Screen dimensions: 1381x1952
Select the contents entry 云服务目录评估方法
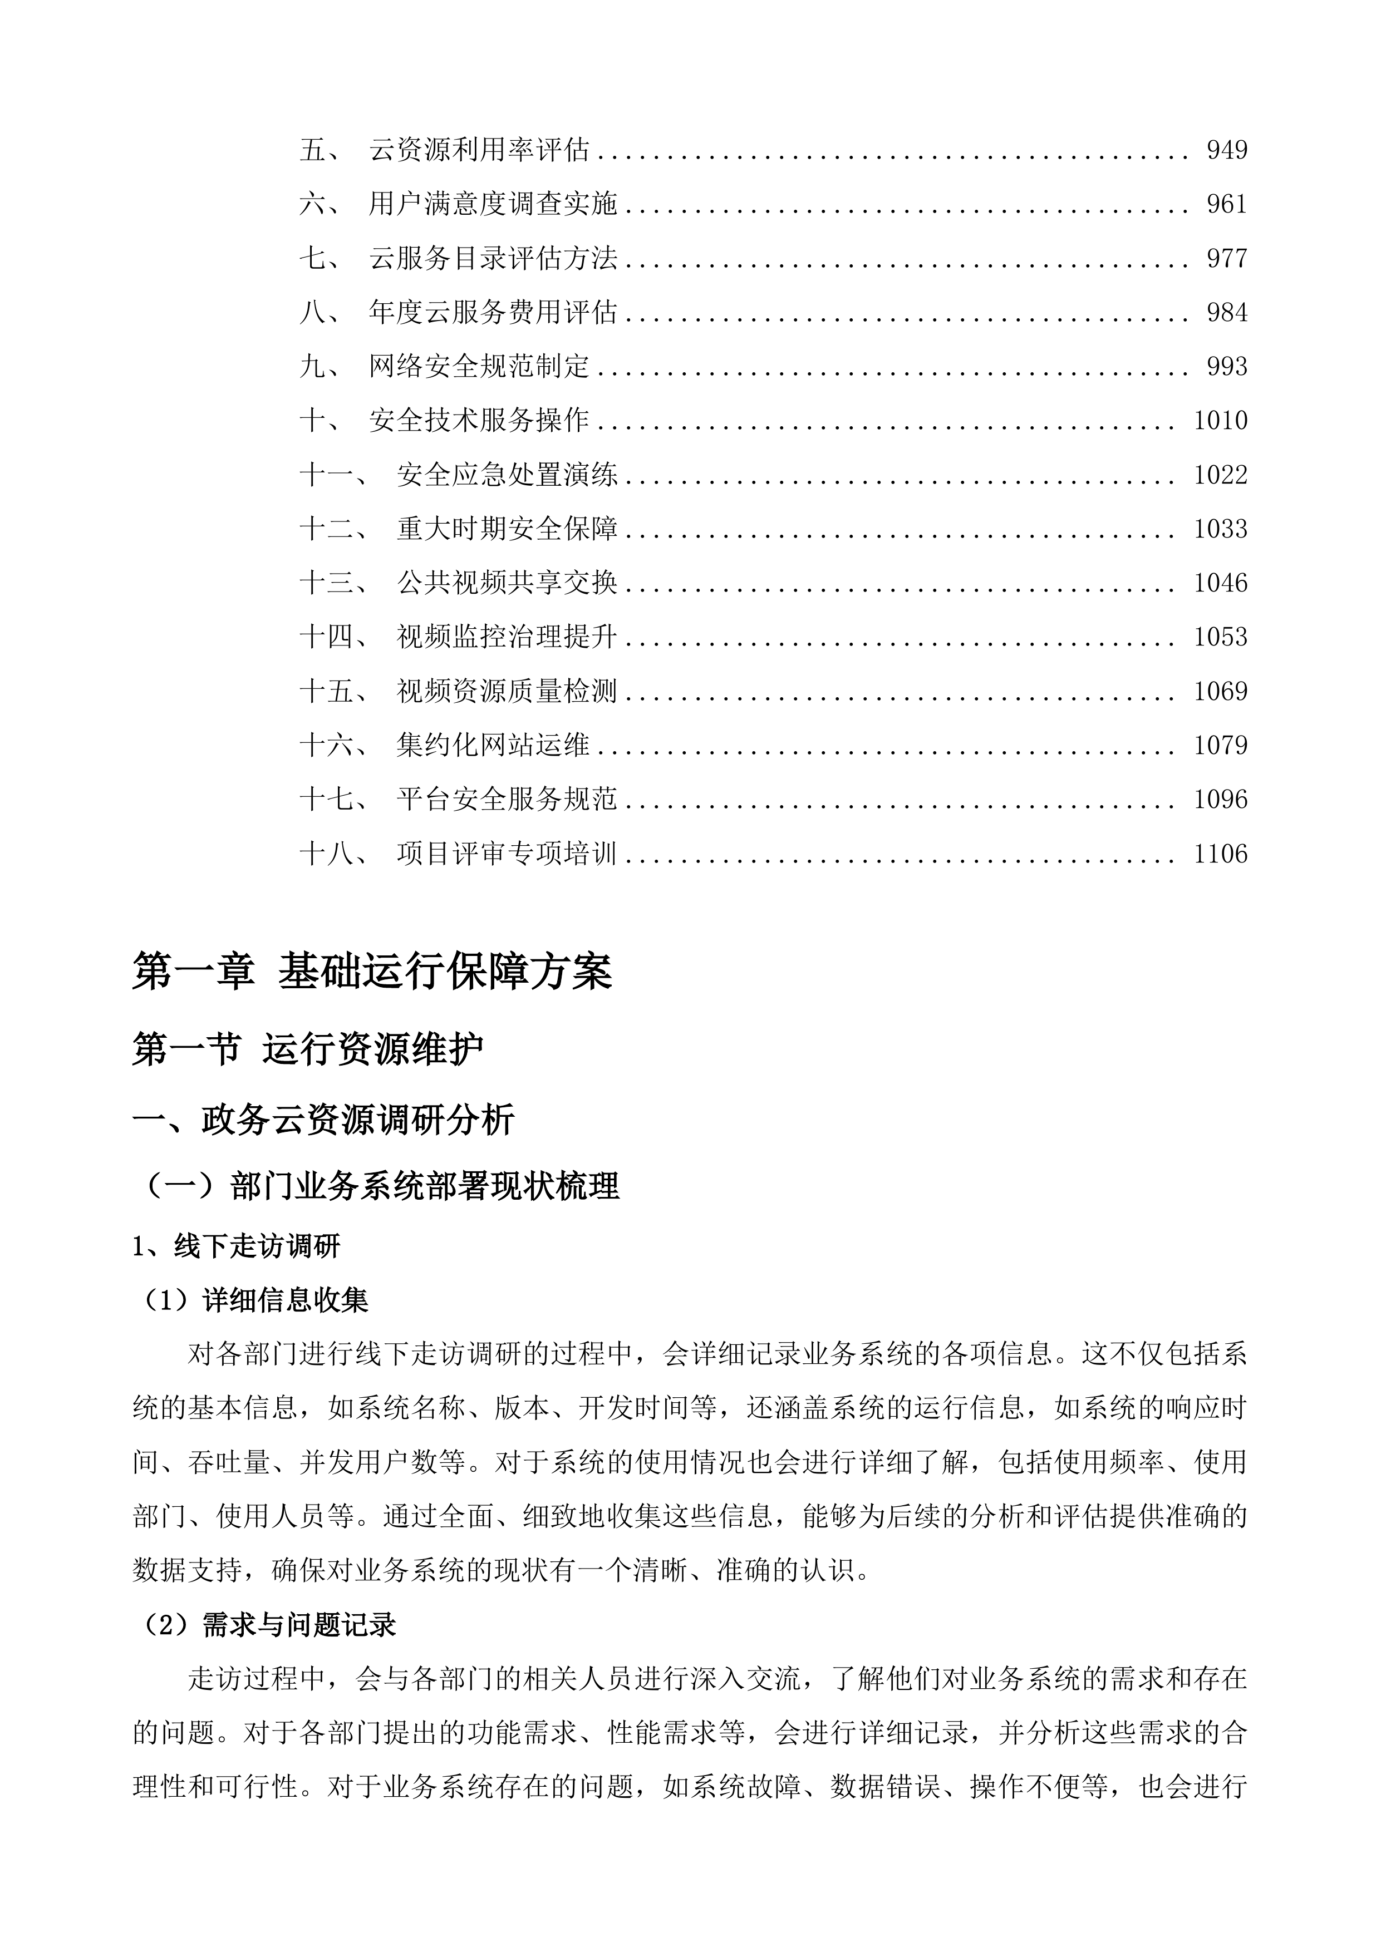(493, 258)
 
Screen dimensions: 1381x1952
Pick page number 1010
(1220, 421)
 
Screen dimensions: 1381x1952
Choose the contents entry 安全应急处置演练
(507, 475)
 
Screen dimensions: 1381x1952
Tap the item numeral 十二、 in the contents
(334, 529)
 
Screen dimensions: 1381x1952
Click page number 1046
(1220, 583)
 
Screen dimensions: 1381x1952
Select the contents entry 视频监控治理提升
(507, 637)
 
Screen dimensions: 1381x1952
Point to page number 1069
(1220, 691)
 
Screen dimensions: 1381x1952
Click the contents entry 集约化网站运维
(493, 746)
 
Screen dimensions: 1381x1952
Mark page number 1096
(1220, 799)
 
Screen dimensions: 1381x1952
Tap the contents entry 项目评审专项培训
(507, 854)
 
